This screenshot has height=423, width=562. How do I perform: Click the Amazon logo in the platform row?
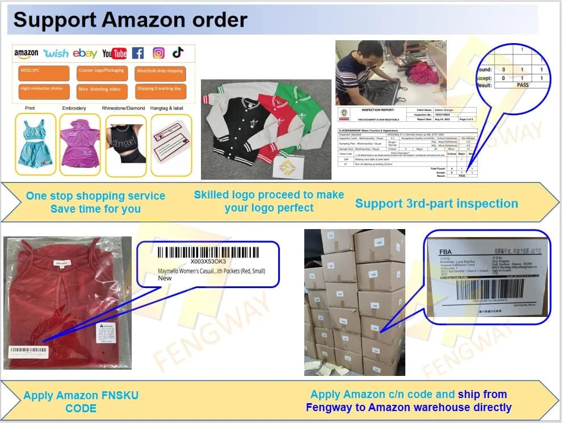(x=26, y=54)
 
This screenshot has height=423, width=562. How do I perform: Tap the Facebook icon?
(x=138, y=53)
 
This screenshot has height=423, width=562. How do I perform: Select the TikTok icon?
(x=178, y=53)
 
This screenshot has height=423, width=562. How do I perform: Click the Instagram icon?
(x=159, y=53)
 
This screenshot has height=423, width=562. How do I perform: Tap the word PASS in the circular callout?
(x=522, y=85)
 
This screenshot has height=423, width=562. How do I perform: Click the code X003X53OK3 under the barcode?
(x=208, y=261)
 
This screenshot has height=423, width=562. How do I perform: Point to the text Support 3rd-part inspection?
(x=436, y=203)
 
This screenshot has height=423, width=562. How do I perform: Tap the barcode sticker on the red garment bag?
(x=29, y=352)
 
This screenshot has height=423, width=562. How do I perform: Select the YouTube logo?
(x=115, y=54)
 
